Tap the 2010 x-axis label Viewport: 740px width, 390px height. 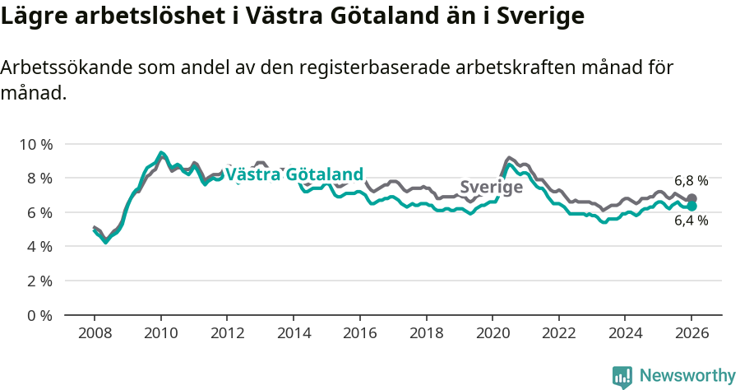point(160,334)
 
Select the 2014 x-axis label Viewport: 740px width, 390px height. point(293,334)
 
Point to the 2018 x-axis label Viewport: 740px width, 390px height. point(425,334)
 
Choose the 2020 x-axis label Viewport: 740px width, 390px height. point(492,334)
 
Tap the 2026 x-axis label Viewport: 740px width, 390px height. point(691,334)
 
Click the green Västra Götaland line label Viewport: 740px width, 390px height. point(294,174)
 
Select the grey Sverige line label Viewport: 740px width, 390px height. point(491,188)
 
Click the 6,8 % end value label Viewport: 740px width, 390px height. point(691,181)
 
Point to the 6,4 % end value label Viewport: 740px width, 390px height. point(691,221)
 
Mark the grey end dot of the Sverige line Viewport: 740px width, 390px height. point(692,199)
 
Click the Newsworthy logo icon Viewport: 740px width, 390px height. point(622,377)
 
